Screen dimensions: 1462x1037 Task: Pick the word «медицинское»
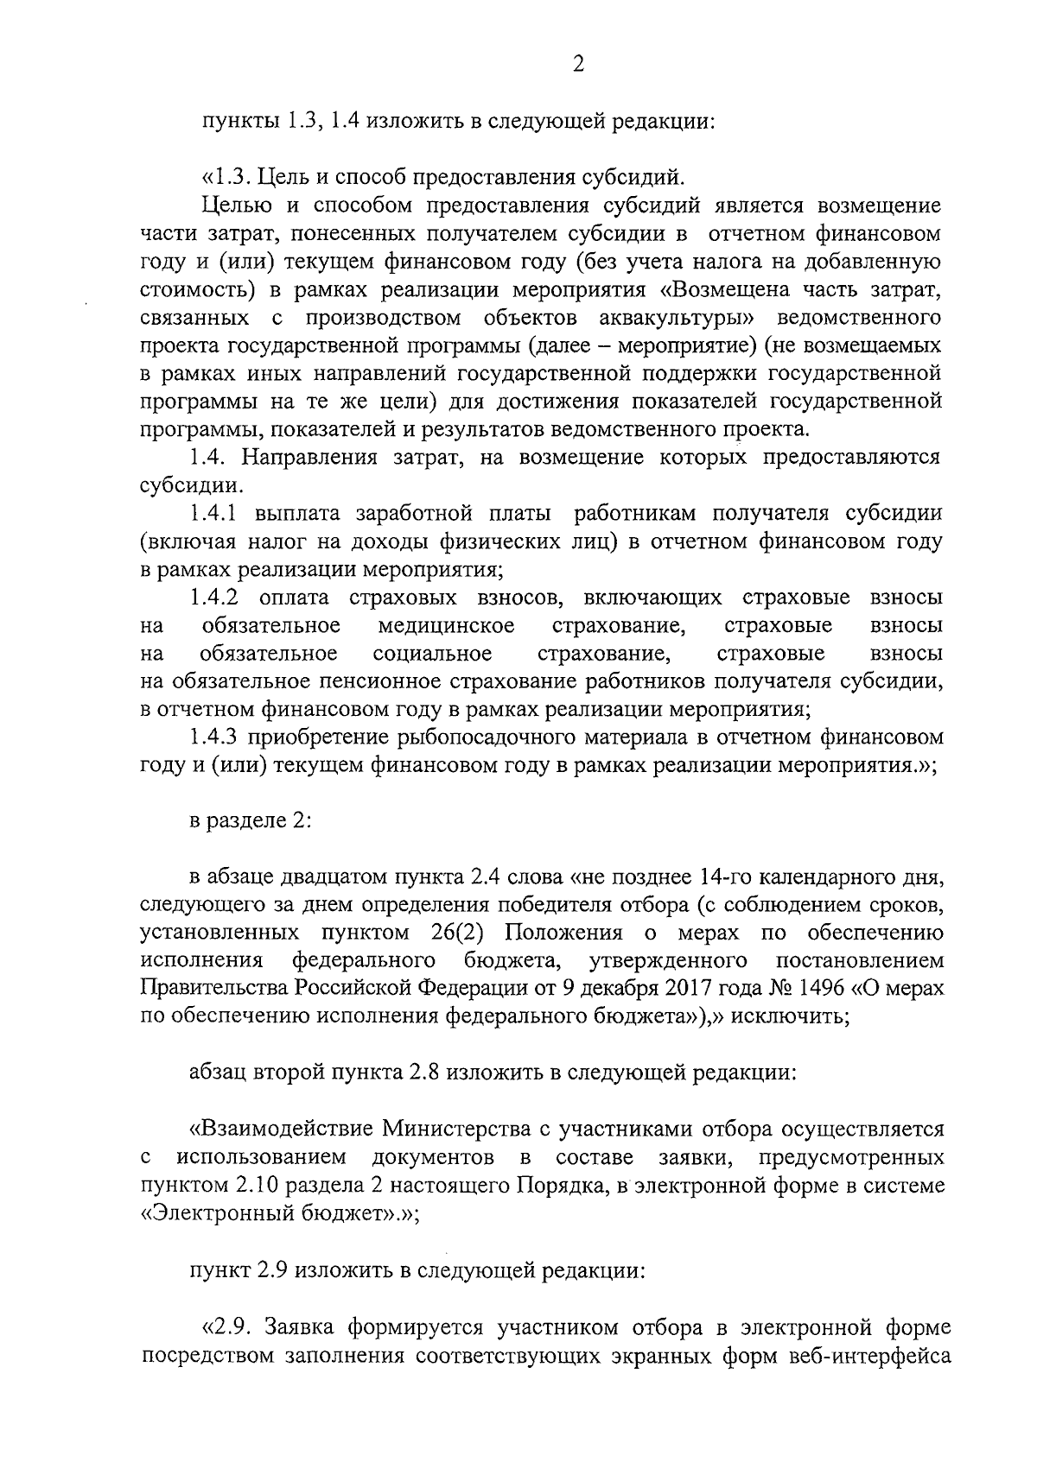click(446, 625)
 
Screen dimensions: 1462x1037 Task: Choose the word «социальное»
click(433, 653)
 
